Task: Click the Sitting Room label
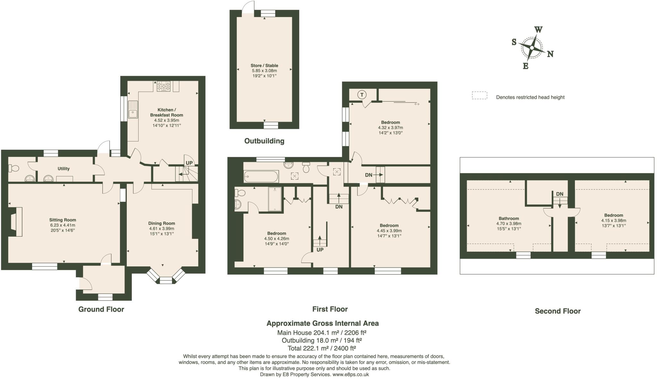[x=63, y=220]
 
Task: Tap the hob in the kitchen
[x=164, y=86]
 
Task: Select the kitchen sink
[x=132, y=109]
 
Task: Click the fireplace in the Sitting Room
[x=16, y=222]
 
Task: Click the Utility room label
[x=64, y=169]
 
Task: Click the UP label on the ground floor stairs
[x=189, y=163]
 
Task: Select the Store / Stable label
[x=264, y=65]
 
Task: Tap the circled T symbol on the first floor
[x=362, y=95]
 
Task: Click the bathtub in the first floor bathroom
[x=261, y=176]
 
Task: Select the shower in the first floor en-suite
[x=275, y=199]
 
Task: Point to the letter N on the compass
[x=550, y=54]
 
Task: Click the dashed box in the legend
[x=479, y=96]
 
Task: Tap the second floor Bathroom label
[x=509, y=218]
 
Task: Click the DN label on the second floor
[x=559, y=194]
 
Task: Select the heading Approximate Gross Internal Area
[x=322, y=323]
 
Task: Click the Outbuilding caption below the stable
[x=264, y=141]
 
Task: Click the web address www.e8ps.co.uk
[x=350, y=374]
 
